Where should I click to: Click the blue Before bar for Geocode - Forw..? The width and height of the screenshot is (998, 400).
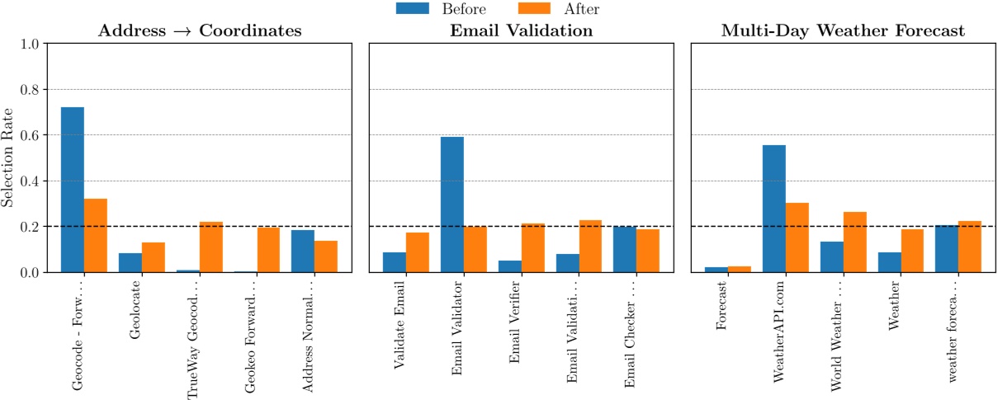click(73, 190)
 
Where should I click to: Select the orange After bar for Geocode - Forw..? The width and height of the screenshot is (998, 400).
click(96, 235)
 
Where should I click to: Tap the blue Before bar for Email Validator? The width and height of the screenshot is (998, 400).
click(452, 205)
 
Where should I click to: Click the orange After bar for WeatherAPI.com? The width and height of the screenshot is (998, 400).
click(797, 238)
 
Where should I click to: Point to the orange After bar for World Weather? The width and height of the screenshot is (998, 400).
click(854, 242)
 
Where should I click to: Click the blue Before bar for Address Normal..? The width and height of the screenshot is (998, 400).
click(303, 251)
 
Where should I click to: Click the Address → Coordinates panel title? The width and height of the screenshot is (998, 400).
click(199, 31)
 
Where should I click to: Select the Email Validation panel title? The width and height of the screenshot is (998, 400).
click(521, 31)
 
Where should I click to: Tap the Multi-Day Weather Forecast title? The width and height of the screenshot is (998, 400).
click(843, 31)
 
